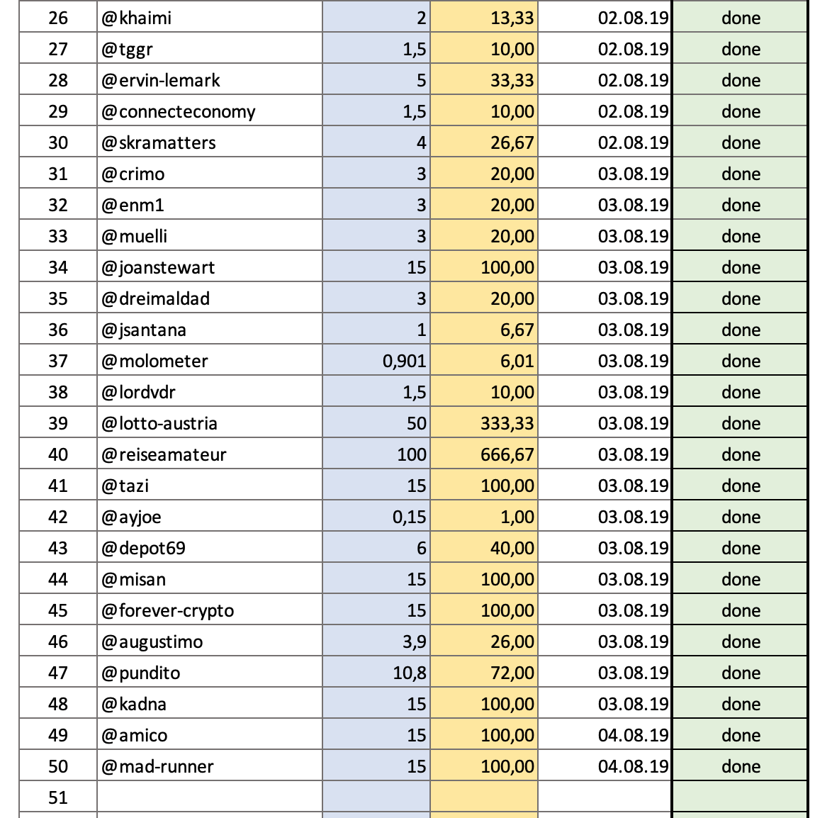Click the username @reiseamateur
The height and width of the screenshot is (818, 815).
coord(164,454)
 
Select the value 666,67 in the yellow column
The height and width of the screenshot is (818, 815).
coord(507,454)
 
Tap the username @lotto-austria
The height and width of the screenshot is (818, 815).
coord(159,423)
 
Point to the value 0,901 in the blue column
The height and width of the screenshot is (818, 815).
coord(404,361)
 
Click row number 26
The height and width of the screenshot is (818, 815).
coord(58,18)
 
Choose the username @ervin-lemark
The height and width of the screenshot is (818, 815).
coord(161,80)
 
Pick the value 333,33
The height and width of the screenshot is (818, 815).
coord(507,423)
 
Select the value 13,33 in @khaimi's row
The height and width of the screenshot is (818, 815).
coord(512,18)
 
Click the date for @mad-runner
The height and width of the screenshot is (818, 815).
coord(633,766)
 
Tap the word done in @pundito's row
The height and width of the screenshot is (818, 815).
coord(741,673)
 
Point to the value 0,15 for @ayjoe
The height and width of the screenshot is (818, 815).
coord(409,517)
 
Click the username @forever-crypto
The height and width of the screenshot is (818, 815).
coord(167,610)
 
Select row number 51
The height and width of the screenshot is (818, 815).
coord(58,797)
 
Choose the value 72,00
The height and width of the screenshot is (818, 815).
coord(512,673)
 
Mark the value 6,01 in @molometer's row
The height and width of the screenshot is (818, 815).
coord(517,361)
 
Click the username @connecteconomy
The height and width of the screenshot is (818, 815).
coord(178,111)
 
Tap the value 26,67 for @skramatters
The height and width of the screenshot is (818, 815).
coord(512,142)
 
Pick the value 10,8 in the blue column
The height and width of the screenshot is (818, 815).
coord(410,673)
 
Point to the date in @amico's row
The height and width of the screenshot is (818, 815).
coord(633,735)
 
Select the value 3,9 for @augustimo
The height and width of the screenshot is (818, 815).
coord(414,641)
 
